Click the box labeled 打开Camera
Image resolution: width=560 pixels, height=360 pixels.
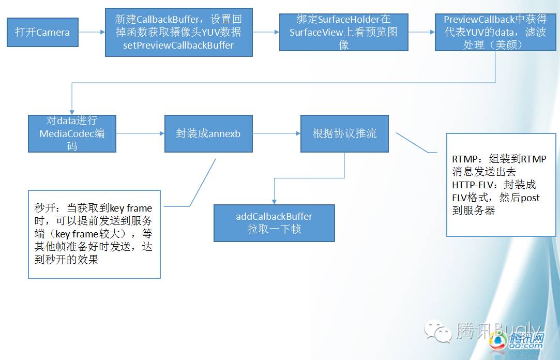[42, 32]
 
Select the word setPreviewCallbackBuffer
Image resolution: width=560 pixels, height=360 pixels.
[178, 45]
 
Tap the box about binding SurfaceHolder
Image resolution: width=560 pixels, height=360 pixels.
[343, 32]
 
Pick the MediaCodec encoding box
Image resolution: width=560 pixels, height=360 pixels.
[72, 133]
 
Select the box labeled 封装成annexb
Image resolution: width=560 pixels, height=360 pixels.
[208, 133]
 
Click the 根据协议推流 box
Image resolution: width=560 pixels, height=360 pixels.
[344, 133]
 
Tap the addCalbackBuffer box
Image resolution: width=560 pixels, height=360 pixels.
[274, 223]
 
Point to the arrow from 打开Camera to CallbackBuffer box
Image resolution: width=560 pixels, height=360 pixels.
[92, 32]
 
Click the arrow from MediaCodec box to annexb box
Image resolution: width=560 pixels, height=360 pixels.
[140, 133]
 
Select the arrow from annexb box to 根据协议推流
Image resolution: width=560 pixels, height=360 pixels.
[277, 133]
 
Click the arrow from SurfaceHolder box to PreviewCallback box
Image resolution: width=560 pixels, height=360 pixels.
[421, 32]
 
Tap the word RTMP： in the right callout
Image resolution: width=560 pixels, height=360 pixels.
[466, 159]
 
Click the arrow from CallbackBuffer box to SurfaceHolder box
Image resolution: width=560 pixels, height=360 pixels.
[266, 32]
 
